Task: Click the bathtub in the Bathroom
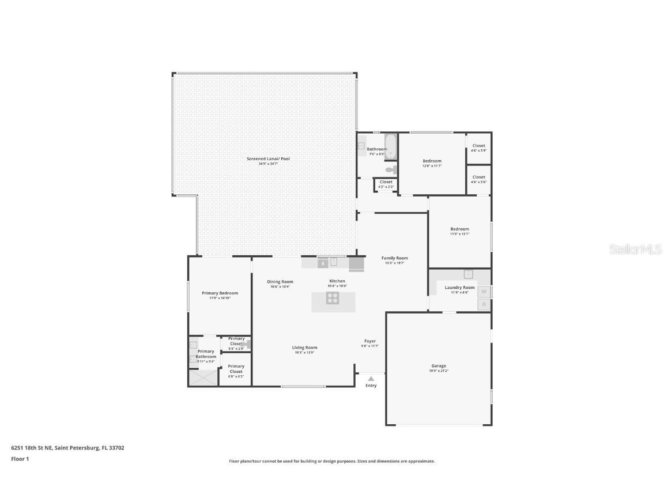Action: pyautogui.click(x=391, y=146)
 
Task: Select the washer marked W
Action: pyautogui.click(x=484, y=292)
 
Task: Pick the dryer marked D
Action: pyautogui.click(x=484, y=304)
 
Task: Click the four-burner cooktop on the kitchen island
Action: pyautogui.click(x=333, y=298)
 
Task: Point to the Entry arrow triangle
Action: pyautogui.click(x=371, y=379)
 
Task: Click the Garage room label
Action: pyautogui.click(x=439, y=366)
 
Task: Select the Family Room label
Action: pyautogui.click(x=395, y=258)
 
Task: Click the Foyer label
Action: pyautogui.click(x=370, y=341)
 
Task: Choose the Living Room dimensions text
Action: pyautogui.click(x=304, y=352)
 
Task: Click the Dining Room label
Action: pyautogui.click(x=280, y=282)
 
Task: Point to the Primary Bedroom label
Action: pyautogui.click(x=220, y=293)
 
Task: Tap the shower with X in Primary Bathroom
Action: pyautogui.click(x=203, y=378)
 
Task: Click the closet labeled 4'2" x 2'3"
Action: pyautogui.click(x=386, y=184)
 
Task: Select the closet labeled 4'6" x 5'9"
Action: pyautogui.click(x=478, y=148)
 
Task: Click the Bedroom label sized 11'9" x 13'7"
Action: pyautogui.click(x=459, y=229)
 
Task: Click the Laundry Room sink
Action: pyautogui.click(x=469, y=274)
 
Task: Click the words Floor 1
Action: pyautogui.click(x=20, y=459)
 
